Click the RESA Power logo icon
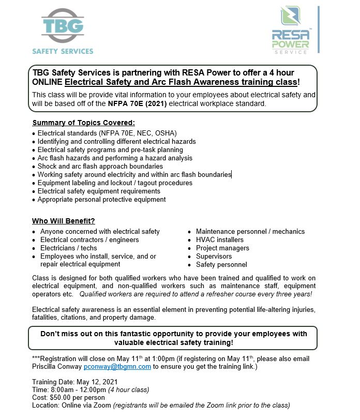coord(291,18)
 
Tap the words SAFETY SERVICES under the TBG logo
coord(63,51)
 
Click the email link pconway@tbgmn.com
coord(117,366)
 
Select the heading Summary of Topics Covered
coord(83,123)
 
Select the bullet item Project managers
coord(222,248)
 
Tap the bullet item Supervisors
coord(214,257)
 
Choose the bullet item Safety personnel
coord(221,265)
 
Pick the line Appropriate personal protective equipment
coord(101,200)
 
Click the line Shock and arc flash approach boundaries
coord(100,167)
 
